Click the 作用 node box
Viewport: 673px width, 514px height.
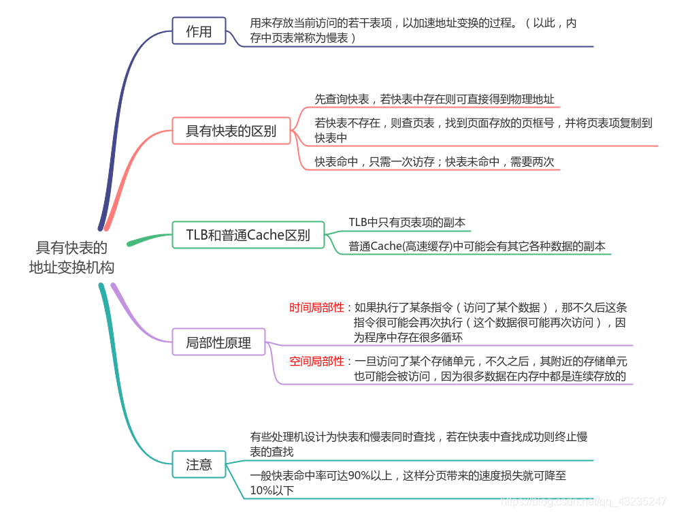coord(199,31)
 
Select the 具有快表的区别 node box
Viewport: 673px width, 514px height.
coord(231,131)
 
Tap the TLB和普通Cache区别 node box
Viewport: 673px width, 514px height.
coord(248,235)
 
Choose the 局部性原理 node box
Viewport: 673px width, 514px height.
coord(218,342)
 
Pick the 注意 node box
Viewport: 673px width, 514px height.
coord(199,464)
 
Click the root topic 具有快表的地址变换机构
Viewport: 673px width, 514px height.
coord(71,257)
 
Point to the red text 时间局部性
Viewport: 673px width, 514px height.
coord(316,307)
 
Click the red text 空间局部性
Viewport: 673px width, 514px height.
coord(316,361)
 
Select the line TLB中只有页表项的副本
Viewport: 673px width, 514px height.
coord(407,223)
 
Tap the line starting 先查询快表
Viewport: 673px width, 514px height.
coord(434,99)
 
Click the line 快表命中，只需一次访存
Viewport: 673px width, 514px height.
coord(434,161)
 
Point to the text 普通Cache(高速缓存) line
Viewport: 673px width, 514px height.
coord(476,246)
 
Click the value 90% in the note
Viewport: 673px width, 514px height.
coord(358,476)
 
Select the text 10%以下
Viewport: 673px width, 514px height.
coord(272,489)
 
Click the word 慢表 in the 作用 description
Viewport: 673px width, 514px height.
coord(333,38)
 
